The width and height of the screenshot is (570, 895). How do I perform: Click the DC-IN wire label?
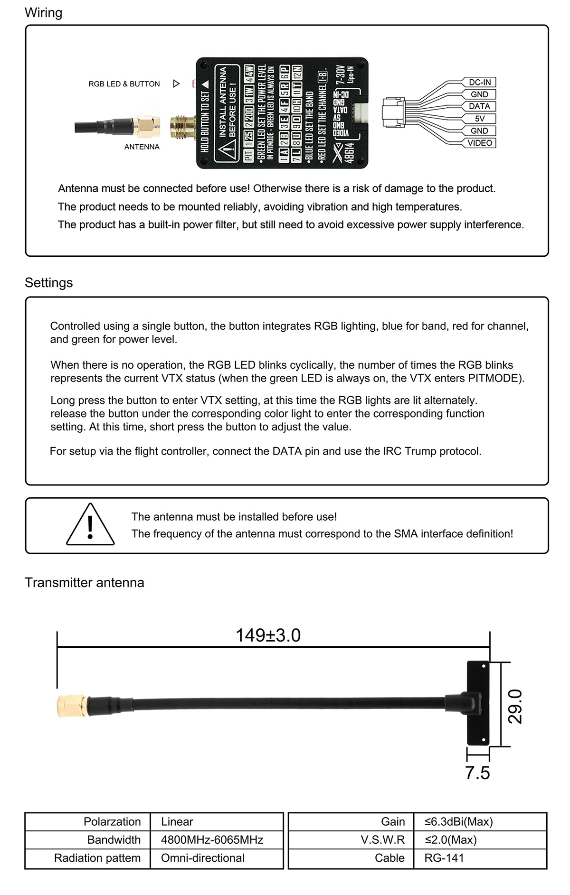click(x=479, y=82)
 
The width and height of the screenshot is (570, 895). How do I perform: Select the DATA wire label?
click(x=479, y=106)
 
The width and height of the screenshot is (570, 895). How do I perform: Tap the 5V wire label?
click(x=479, y=119)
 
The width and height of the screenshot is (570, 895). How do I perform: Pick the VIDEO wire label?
click(x=479, y=143)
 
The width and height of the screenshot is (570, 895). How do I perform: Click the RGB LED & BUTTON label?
click(x=124, y=84)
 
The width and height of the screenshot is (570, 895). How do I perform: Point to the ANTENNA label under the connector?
click(x=142, y=147)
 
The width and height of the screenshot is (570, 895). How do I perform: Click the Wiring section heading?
click(x=43, y=13)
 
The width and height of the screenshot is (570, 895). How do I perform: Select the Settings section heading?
click(x=48, y=283)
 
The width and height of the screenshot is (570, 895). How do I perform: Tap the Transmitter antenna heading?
click(x=84, y=583)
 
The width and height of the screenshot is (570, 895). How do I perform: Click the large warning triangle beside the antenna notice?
click(x=90, y=526)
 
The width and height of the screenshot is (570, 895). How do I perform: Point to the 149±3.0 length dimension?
click(x=268, y=635)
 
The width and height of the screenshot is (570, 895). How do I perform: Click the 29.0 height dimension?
click(x=515, y=706)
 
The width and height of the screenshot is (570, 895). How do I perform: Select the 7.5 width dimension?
click(x=477, y=773)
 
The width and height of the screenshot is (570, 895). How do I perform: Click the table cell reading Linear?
click(x=177, y=822)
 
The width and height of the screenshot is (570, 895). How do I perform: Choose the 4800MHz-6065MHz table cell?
click(x=212, y=840)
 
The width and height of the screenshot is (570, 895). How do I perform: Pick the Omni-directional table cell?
click(x=202, y=858)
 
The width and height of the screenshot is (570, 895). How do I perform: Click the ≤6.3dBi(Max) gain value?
click(x=459, y=822)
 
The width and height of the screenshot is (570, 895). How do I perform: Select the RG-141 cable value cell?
click(x=444, y=858)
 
